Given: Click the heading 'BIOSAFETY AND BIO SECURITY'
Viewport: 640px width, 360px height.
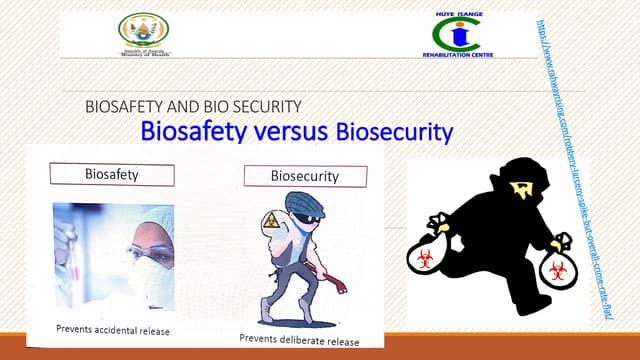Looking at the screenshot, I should (194, 105).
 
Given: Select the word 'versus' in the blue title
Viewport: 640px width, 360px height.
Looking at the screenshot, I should (283, 130).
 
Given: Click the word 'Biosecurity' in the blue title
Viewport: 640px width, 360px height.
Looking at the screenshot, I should (394, 131).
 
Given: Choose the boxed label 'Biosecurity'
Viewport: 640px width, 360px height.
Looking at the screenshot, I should (305, 176).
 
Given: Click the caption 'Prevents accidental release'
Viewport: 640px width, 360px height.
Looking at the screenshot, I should (113, 331).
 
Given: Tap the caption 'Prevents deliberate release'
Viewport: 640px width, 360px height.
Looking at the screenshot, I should (299, 339).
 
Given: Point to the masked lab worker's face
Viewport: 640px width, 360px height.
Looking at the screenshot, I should (149, 250).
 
